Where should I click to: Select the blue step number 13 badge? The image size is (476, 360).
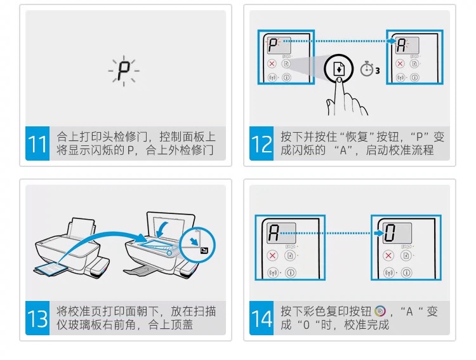click(37, 318)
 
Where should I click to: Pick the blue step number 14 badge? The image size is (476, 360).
click(261, 318)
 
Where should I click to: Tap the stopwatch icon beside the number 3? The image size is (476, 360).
click(366, 69)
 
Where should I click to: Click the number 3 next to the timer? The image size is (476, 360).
click(378, 70)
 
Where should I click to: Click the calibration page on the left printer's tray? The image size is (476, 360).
click(48, 270)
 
